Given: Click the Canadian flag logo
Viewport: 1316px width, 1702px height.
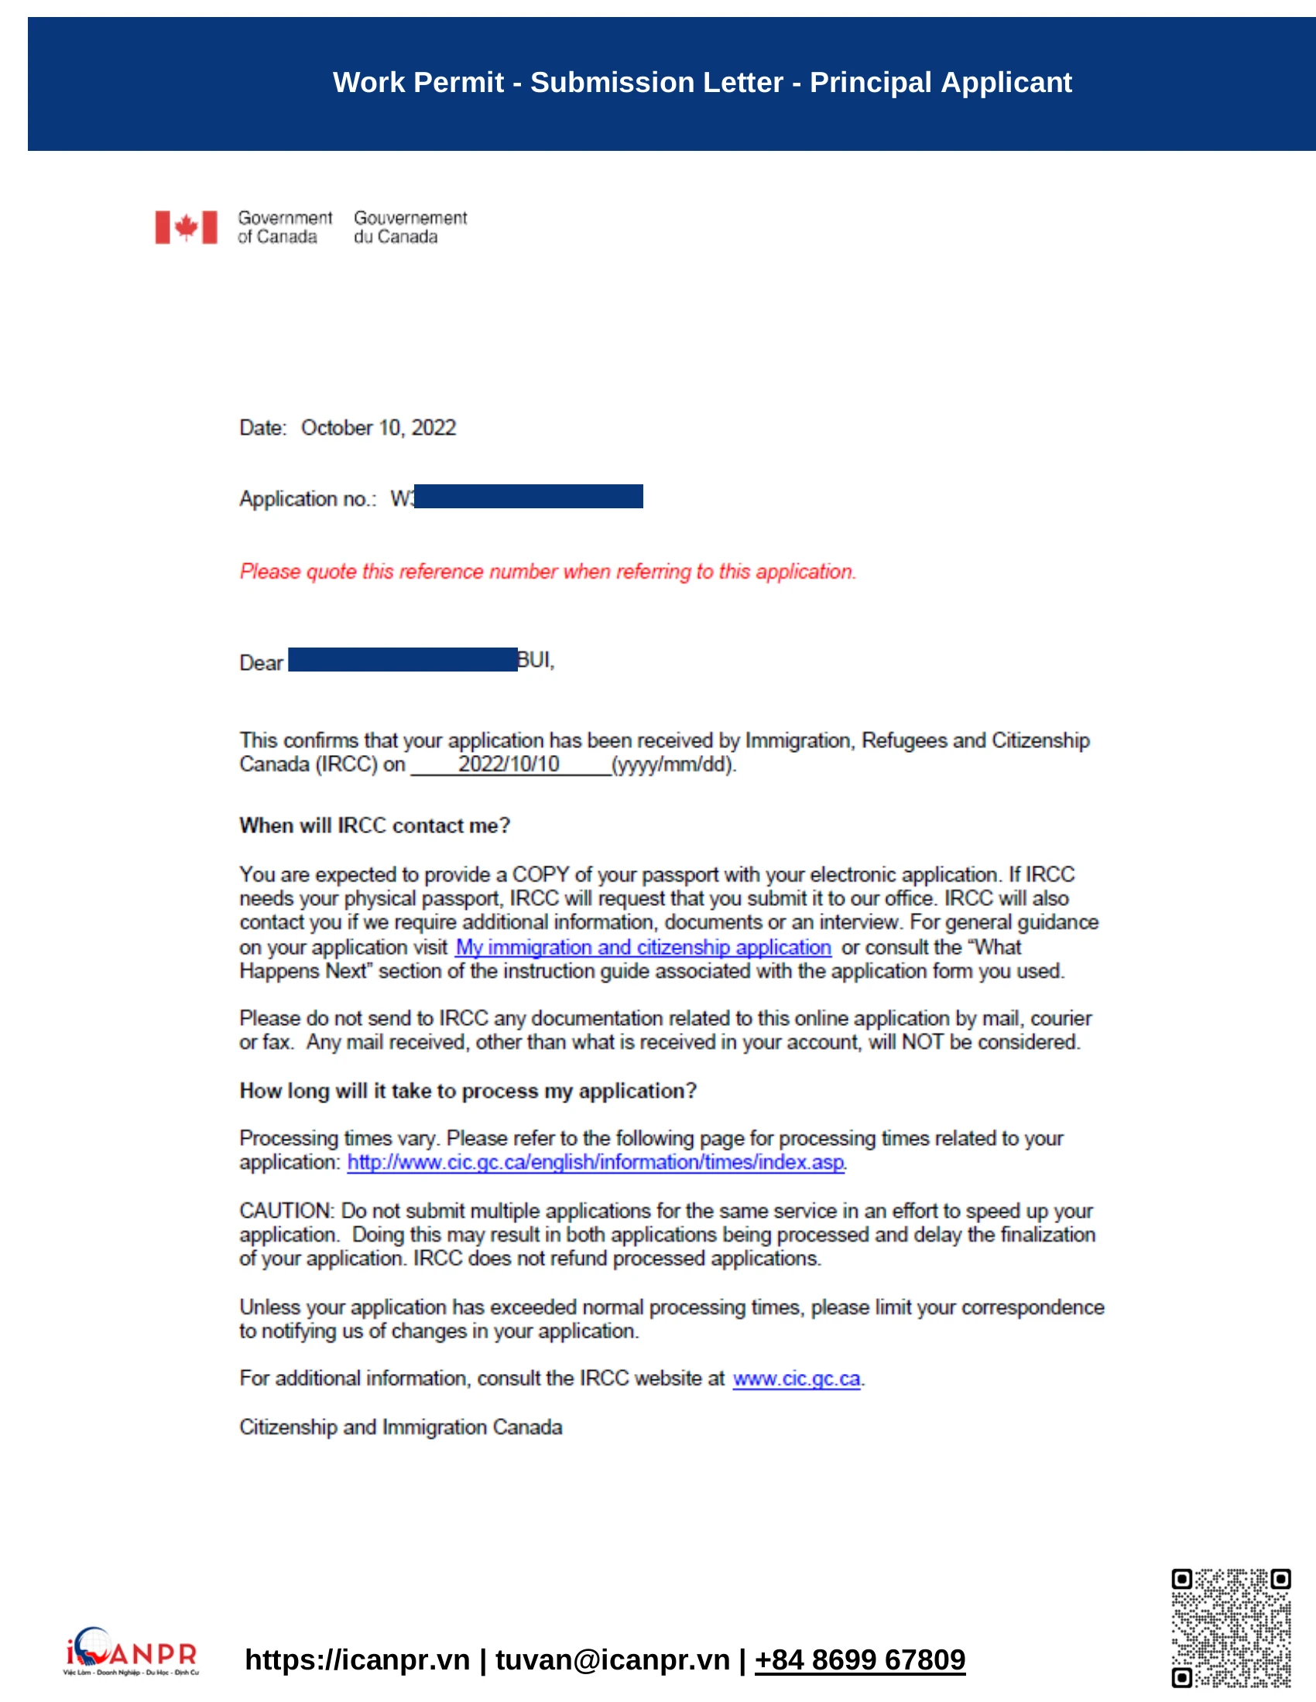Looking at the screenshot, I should [186, 227].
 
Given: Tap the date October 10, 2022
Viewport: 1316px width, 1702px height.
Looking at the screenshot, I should [378, 428].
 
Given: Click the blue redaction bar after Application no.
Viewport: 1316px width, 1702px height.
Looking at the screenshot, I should [529, 497].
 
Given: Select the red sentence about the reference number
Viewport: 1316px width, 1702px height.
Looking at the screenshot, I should [547, 572].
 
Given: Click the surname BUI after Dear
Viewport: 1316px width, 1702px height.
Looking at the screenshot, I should [535, 661].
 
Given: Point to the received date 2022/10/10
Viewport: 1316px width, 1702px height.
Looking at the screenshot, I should [509, 764].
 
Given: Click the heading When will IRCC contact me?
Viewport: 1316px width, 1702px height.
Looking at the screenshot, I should [374, 826].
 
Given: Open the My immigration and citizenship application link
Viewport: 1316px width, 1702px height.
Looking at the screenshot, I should [643, 948].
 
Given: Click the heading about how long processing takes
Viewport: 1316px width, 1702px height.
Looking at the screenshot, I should [468, 1091].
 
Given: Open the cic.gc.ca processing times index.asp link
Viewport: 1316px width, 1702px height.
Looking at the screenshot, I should [595, 1163].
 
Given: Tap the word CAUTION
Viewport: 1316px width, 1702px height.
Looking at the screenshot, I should [286, 1211].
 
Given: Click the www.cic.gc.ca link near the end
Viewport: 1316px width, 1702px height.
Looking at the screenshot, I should [796, 1379].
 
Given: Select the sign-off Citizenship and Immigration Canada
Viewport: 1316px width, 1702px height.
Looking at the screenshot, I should [401, 1427].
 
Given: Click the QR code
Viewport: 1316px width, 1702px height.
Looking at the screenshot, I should [1231, 1628].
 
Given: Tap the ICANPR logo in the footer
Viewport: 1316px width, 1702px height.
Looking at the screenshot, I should [131, 1652].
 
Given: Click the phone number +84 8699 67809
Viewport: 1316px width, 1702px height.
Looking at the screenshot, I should [860, 1660].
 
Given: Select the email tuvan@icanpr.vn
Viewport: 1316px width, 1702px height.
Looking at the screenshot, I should [613, 1660].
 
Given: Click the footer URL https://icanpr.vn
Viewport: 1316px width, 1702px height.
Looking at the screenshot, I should [357, 1660].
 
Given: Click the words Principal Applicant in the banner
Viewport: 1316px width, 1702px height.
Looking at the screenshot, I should [941, 83].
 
